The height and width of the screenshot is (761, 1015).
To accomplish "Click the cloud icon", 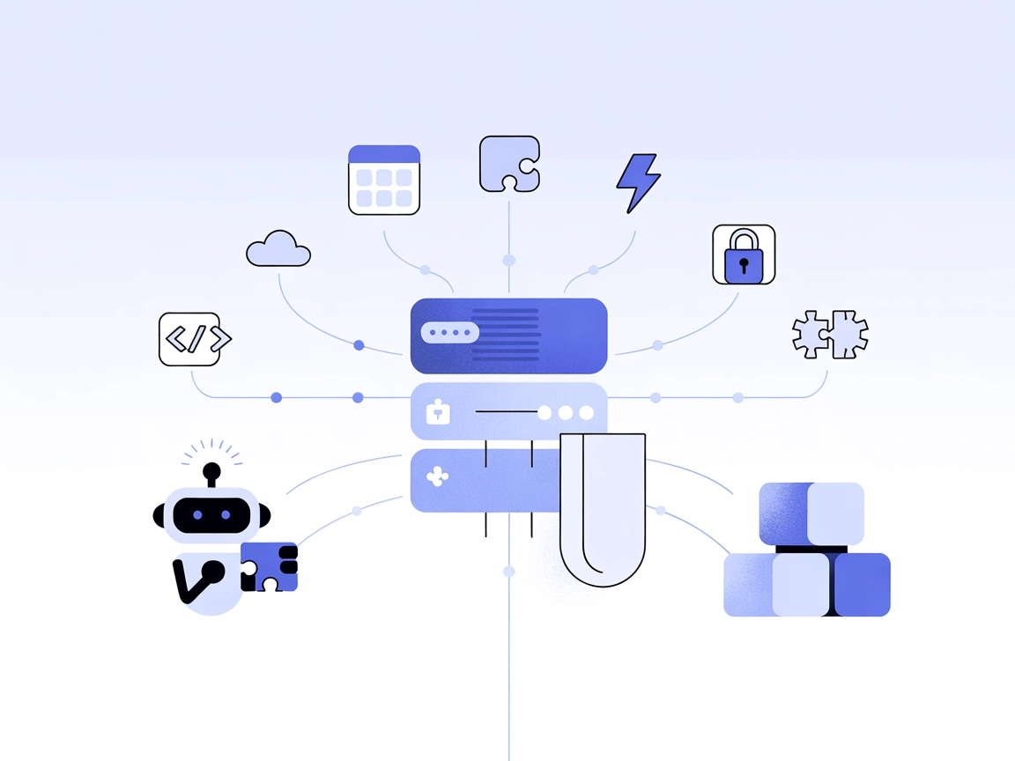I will click(278, 249).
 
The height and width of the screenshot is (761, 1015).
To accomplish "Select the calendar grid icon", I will click(384, 181).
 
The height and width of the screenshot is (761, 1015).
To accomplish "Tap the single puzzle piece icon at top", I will click(508, 163).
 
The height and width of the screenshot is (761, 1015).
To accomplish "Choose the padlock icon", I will click(744, 255).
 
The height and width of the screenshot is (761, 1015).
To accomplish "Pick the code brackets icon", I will click(189, 339).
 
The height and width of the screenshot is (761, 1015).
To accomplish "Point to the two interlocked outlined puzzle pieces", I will click(830, 334).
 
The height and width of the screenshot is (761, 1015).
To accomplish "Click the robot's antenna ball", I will click(211, 470).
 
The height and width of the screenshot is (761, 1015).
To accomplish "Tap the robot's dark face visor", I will click(211, 514).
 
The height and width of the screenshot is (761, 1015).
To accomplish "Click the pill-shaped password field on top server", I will click(449, 334).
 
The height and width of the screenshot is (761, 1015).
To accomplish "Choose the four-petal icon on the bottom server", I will click(437, 478).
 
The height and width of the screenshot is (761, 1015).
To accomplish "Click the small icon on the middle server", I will click(438, 412).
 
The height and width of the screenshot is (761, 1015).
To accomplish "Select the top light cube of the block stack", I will click(835, 513).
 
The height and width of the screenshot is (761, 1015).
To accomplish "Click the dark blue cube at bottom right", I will click(862, 584).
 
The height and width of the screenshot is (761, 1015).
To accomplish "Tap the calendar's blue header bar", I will click(384, 154).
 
